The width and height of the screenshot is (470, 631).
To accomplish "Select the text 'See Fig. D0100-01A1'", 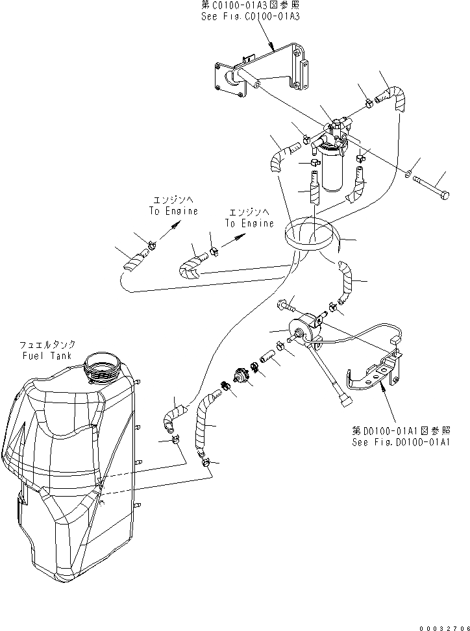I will (401, 442).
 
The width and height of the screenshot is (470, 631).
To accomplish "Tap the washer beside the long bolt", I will (407, 174).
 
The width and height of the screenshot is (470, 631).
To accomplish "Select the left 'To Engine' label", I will (173, 211).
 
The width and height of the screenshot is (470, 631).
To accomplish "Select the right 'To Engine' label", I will (249, 223).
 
